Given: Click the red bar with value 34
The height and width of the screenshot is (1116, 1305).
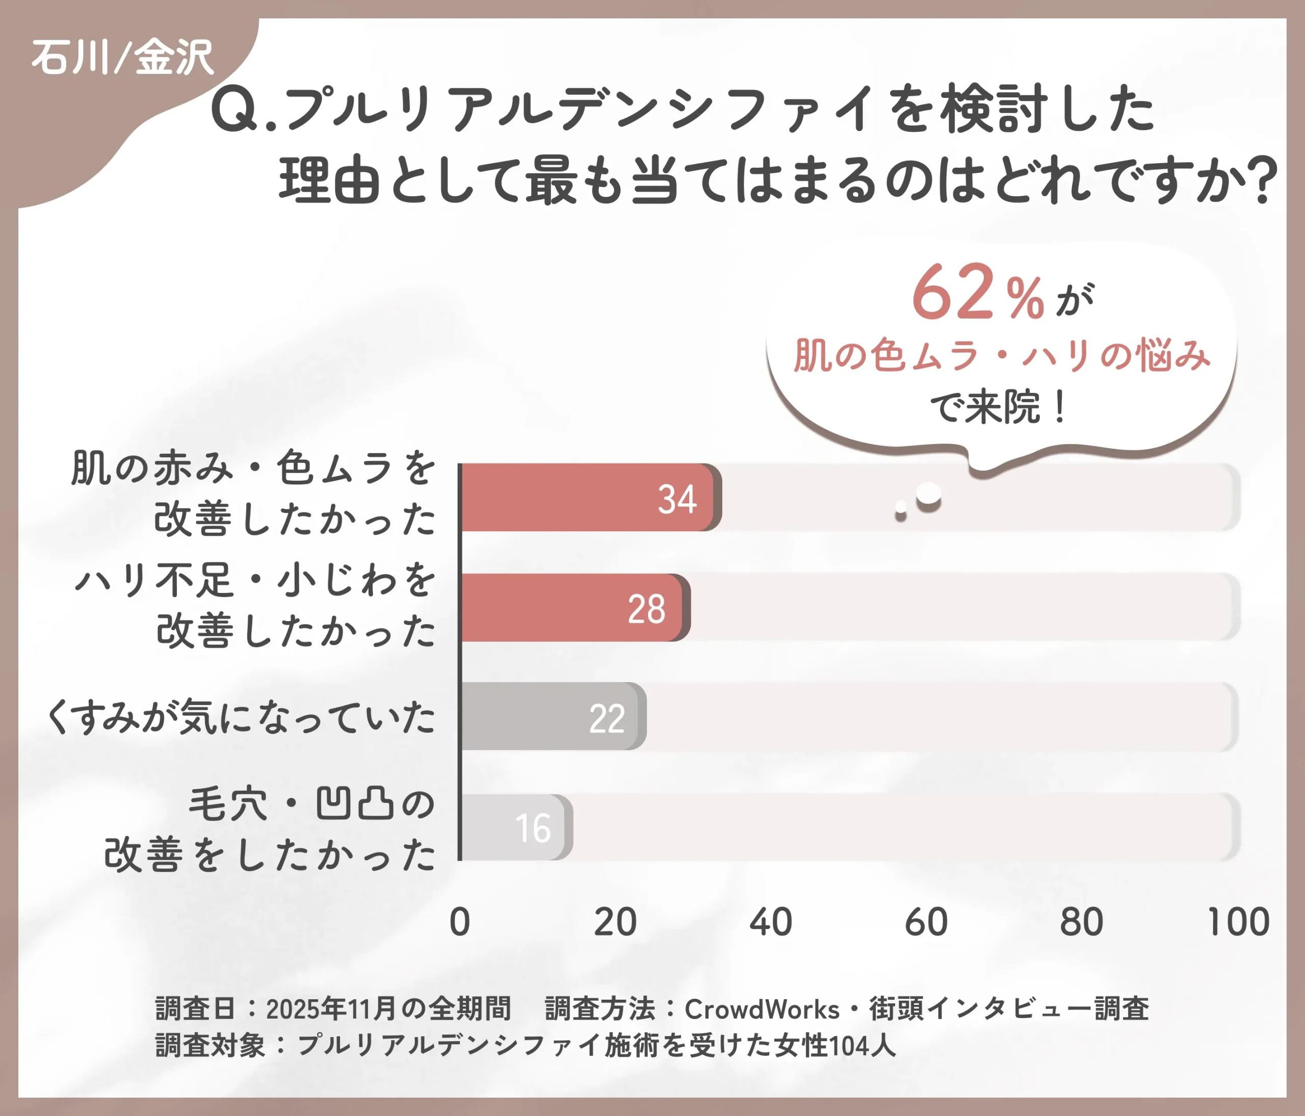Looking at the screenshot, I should point(589,498).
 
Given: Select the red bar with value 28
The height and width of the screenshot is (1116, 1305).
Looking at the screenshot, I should point(573,608).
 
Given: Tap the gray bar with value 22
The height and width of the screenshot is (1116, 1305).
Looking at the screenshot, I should point(551,717).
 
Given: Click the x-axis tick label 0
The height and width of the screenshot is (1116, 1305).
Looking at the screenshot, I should point(460,922).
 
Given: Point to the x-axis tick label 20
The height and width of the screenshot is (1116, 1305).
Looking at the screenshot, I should point(615,922).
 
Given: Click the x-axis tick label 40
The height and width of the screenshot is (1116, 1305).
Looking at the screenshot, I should point(771,922).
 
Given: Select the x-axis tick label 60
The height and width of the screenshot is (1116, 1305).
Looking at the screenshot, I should point(926,922).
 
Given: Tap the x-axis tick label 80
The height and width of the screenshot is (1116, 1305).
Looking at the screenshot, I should point(1081,922).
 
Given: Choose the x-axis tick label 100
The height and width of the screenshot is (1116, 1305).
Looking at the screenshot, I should point(1238,922).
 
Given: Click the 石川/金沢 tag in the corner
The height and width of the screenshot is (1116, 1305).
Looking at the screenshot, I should point(123,58).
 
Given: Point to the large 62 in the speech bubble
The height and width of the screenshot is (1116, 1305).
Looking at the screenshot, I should point(953,293).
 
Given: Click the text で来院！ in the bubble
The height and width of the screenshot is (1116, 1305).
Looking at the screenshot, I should point(998,407).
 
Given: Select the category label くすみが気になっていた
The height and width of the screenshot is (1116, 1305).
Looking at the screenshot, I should point(241,717).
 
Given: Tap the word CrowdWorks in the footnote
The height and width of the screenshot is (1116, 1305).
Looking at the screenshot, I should point(762,1009).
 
